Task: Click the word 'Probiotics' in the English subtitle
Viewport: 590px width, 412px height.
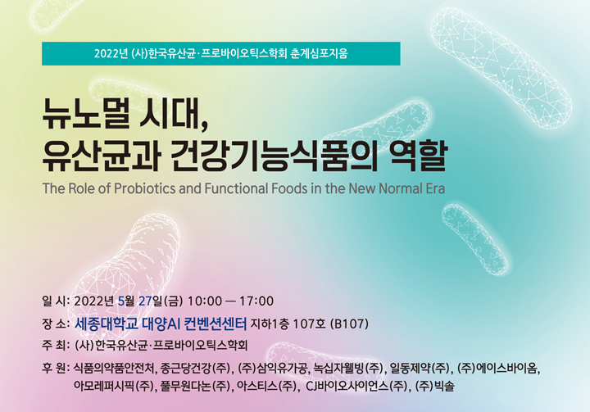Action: (144, 188)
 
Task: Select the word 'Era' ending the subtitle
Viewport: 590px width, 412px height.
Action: (435, 188)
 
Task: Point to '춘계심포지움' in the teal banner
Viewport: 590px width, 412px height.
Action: (319, 53)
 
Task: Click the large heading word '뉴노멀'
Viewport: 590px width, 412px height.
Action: (84, 113)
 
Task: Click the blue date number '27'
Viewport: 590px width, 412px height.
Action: (145, 301)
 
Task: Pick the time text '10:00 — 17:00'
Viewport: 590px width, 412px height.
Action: (230, 301)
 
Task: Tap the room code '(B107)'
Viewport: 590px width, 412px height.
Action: (349, 324)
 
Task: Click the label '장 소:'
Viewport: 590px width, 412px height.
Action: (56, 324)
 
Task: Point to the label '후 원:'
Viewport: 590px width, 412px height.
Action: (56, 367)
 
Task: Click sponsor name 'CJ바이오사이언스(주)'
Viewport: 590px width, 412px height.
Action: (356, 386)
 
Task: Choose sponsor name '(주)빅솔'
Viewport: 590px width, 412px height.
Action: (434, 386)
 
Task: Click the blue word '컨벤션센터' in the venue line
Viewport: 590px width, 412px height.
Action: (216, 324)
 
